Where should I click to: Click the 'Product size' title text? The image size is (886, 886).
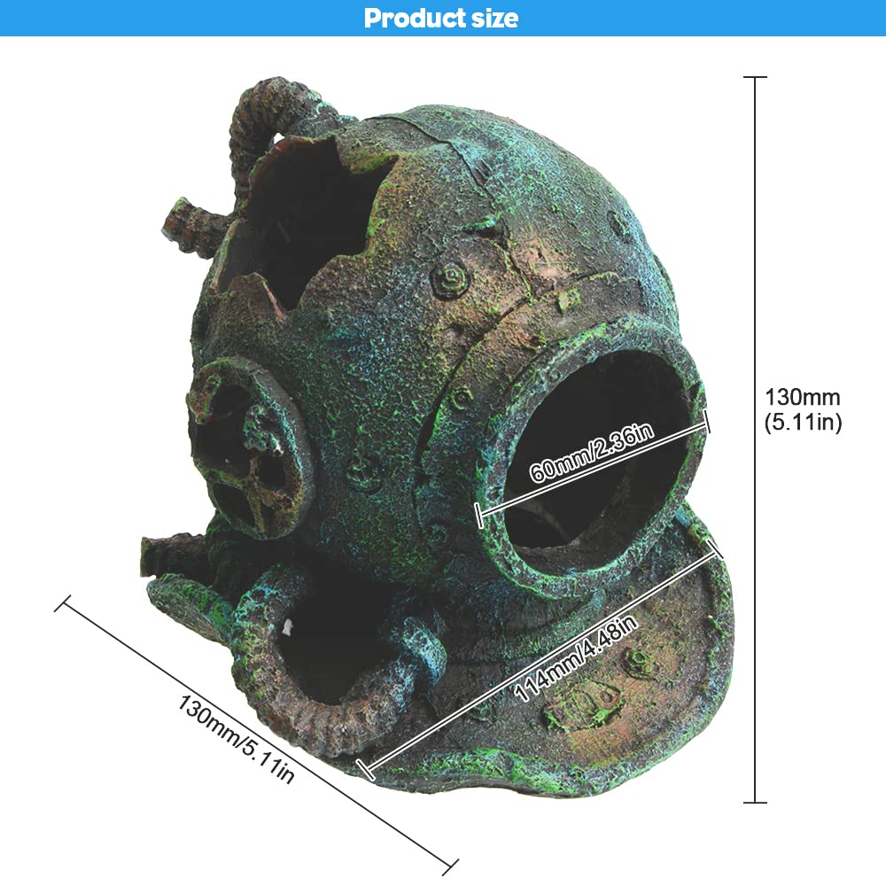440,18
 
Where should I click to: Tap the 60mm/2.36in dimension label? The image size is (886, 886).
592,452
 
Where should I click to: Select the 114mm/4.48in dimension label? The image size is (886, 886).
576,658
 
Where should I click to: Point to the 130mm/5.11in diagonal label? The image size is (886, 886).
237,739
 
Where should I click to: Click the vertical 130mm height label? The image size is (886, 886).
803,397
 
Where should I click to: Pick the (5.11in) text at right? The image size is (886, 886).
803,422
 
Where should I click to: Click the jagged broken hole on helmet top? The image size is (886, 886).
299,221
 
